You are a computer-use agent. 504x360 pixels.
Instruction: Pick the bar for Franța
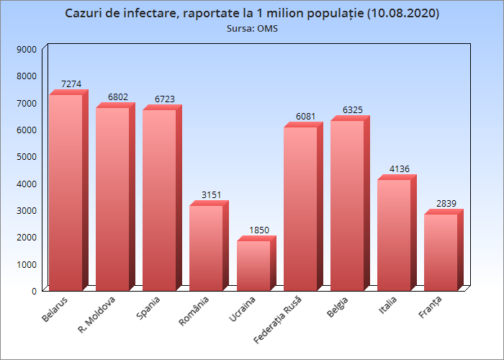pyautogui.click(x=441, y=252)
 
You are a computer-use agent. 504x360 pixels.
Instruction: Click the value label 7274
pyautogui.click(x=71, y=84)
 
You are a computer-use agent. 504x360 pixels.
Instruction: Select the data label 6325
pyautogui.click(x=352, y=110)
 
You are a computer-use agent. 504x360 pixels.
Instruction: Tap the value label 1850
pyautogui.click(x=258, y=230)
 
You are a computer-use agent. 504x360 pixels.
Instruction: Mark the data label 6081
pyautogui.click(x=305, y=117)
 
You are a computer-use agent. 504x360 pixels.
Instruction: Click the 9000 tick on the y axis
pyautogui.click(x=27, y=49)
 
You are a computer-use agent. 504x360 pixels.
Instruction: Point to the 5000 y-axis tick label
pyautogui.click(x=27, y=156)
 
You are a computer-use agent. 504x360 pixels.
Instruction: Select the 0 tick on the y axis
pyautogui.click(x=33, y=290)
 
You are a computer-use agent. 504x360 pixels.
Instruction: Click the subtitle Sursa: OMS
pyautogui.click(x=252, y=29)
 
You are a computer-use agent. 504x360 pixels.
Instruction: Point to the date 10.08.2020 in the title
pyautogui.click(x=402, y=14)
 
